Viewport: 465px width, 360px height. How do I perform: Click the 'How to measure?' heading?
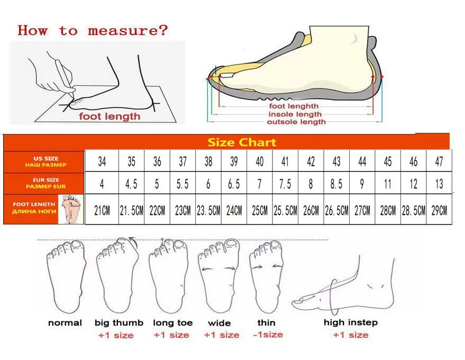[x=93, y=30]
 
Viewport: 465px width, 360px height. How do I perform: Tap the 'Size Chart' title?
[x=242, y=142]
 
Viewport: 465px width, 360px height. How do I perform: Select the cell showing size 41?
[x=285, y=161]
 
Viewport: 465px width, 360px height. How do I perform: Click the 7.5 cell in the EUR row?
[x=285, y=184]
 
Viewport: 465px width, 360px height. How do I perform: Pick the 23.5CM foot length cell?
[x=208, y=210]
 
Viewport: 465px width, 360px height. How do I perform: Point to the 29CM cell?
[x=439, y=210]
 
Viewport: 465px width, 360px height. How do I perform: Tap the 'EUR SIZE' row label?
[x=44, y=183]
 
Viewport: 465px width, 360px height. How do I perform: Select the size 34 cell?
[x=102, y=161]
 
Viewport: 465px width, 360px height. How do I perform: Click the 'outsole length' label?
[x=296, y=122]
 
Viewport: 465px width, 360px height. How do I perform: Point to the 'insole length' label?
[x=295, y=114]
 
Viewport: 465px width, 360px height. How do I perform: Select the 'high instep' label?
[x=351, y=322]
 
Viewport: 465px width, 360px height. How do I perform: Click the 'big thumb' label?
[x=119, y=322]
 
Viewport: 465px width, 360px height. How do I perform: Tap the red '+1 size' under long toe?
[x=171, y=335]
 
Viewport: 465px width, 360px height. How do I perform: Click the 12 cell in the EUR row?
[x=413, y=184]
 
